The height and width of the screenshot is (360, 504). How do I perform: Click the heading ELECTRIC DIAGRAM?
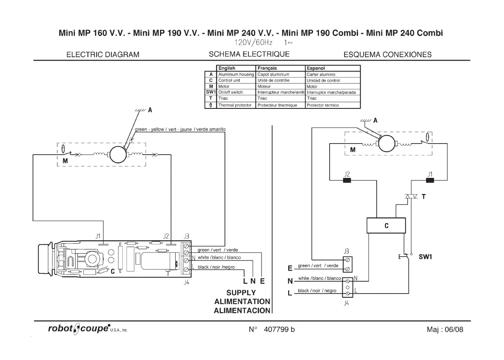click(x=103, y=55)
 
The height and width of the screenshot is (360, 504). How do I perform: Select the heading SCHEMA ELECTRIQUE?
click(x=249, y=54)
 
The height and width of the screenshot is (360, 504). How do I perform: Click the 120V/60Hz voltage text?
click(x=253, y=43)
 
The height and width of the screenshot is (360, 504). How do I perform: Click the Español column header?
click(x=316, y=68)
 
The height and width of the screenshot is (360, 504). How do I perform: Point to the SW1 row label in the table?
click(x=210, y=92)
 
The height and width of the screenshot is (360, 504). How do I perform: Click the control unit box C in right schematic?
click(x=386, y=226)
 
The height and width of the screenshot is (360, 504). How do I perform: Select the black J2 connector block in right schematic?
click(x=347, y=181)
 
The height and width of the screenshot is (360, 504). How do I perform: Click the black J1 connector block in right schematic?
click(x=430, y=181)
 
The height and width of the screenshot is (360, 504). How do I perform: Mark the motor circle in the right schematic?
click(x=386, y=144)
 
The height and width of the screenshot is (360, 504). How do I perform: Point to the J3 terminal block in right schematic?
click(x=347, y=264)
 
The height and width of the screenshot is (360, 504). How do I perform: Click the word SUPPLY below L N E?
click(x=241, y=293)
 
